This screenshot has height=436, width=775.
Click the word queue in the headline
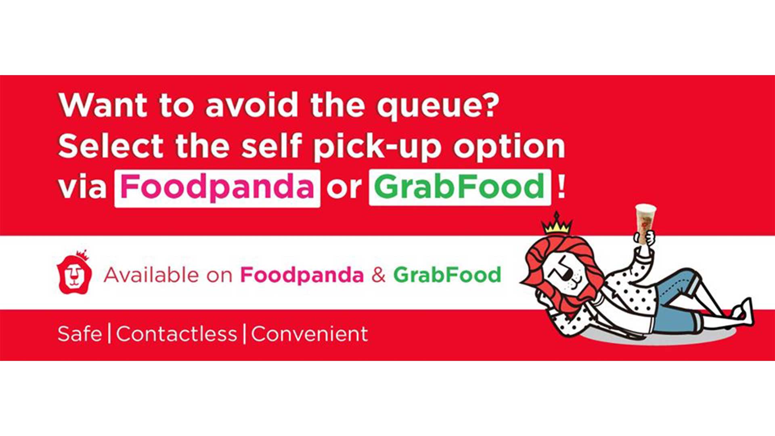coord(438,106)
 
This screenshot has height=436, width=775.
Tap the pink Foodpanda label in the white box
coord(217,187)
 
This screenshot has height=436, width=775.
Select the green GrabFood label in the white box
coord(460,186)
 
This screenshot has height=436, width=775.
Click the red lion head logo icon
coord(75,272)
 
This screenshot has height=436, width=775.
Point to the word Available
coord(151,275)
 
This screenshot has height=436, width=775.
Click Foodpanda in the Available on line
coord(302,276)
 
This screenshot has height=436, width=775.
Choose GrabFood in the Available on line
coord(447,275)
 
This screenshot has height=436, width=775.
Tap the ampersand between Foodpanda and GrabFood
coord(379,275)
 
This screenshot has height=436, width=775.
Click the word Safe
coord(80,334)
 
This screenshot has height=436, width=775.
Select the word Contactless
coord(177,334)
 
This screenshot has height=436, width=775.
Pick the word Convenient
coord(310,334)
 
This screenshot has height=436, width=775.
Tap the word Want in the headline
coord(103,105)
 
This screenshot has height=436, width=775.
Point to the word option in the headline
coord(509,147)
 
